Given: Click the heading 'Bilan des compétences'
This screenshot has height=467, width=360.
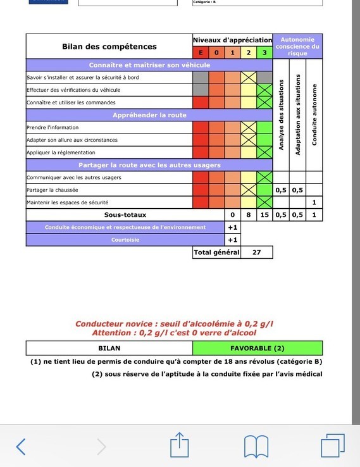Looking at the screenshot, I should (x=109, y=47).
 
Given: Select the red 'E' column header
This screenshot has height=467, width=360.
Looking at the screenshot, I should (x=201, y=53).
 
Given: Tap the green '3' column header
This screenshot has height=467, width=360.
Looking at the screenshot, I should (x=264, y=53).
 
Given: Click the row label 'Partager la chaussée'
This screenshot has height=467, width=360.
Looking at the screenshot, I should (x=53, y=190).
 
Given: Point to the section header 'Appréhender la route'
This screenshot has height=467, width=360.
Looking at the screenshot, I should (x=149, y=115).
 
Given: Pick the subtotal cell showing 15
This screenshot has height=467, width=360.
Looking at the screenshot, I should (x=264, y=215).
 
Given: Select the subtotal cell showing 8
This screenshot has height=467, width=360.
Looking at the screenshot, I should (x=249, y=215).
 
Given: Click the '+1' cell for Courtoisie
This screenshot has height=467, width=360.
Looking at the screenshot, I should (x=233, y=240).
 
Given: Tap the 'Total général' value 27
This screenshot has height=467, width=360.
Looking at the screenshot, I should (x=256, y=252).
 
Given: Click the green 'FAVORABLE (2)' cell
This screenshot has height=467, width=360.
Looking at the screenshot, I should (x=257, y=348).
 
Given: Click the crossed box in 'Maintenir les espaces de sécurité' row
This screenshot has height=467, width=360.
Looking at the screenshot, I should (x=264, y=202).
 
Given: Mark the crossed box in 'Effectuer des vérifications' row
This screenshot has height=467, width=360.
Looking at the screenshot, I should (x=249, y=90).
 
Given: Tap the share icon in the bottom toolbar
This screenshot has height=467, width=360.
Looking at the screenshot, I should (x=179, y=445).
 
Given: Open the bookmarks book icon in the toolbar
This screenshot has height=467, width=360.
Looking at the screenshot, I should (x=256, y=447).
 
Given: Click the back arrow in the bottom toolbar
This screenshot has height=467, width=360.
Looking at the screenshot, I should (x=22, y=447).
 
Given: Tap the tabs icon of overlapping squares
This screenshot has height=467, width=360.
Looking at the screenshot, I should (x=332, y=445).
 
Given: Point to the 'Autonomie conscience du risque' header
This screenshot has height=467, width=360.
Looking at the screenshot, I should (x=297, y=46).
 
